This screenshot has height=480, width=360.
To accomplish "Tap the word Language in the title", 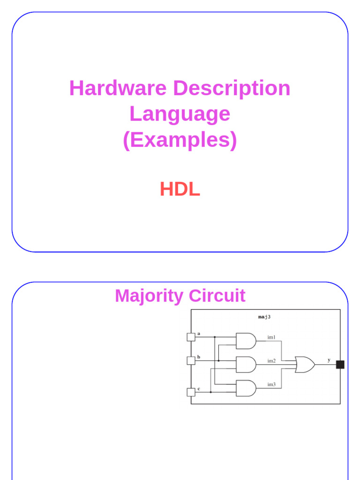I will coord(180,114).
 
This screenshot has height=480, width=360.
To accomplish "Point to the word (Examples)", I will coord(180,140).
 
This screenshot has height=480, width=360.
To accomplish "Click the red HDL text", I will coord(180,189).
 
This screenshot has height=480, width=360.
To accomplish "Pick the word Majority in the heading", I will coord(150,296).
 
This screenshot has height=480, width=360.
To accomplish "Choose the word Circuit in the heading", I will coord(217,296).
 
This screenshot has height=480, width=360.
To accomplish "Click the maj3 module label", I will coord(264,317).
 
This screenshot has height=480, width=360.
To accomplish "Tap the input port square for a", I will coord(191,337).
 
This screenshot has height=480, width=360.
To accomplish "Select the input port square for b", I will coord(191,360).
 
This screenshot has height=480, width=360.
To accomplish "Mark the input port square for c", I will coord(191,392).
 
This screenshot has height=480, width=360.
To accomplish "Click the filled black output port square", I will coord(340,364).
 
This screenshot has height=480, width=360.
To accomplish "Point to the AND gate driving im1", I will coord(246,341).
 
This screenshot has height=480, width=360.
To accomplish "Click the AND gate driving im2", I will coord(246,364).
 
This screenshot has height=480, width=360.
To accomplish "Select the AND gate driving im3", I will coord(246,388).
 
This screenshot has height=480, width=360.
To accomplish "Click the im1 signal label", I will coord(271,337).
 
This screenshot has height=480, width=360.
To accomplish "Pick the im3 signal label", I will coord(271,384).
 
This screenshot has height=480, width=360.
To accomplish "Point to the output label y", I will coord(329,360).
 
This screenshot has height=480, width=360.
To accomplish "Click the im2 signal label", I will coord(271,360).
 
